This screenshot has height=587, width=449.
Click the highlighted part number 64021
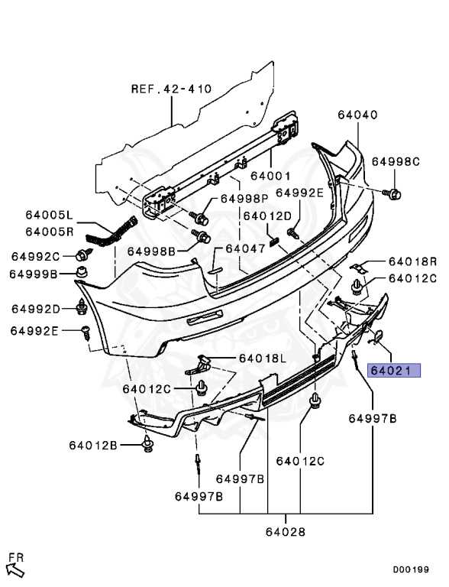point(394,371)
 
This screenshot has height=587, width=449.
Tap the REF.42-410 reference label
point(171,89)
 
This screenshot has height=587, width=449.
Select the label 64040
point(357,115)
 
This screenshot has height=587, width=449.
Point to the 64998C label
point(396,162)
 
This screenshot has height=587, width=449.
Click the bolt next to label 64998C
point(392,194)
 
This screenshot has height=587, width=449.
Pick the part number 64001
point(270,176)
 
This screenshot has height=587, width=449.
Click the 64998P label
point(244,199)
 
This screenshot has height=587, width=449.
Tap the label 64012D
point(267,216)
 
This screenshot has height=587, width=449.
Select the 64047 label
point(245,248)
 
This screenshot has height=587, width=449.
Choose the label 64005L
point(50,215)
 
